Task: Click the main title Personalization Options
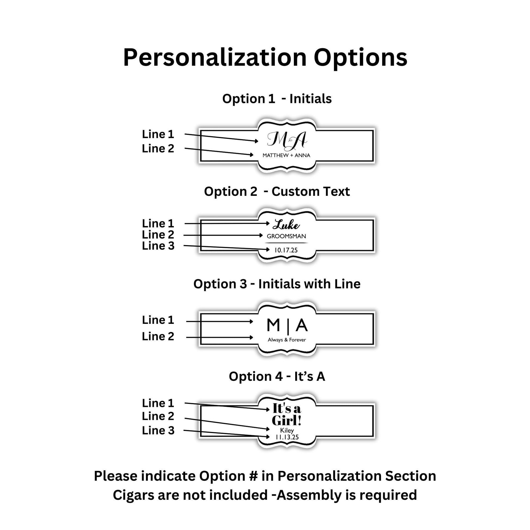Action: click(265, 58)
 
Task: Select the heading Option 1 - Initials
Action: click(277, 99)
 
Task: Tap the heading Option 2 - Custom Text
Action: click(277, 191)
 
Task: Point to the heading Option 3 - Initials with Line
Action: click(277, 284)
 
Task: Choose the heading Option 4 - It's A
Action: click(277, 376)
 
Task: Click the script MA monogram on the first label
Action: click(287, 140)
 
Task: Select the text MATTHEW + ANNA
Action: click(287, 155)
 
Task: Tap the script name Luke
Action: click(286, 225)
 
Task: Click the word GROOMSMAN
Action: click(287, 236)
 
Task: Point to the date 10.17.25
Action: click(286, 250)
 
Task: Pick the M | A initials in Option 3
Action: click(287, 326)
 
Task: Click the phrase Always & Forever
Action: click(287, 340)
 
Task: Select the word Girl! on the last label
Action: click(287, 420)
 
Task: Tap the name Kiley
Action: click(287, 430)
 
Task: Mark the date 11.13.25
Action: click(287, 437)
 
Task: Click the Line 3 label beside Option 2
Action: click(158, 246)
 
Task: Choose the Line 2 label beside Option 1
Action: click(158, 148)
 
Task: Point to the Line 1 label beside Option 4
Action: click(158, 403)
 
